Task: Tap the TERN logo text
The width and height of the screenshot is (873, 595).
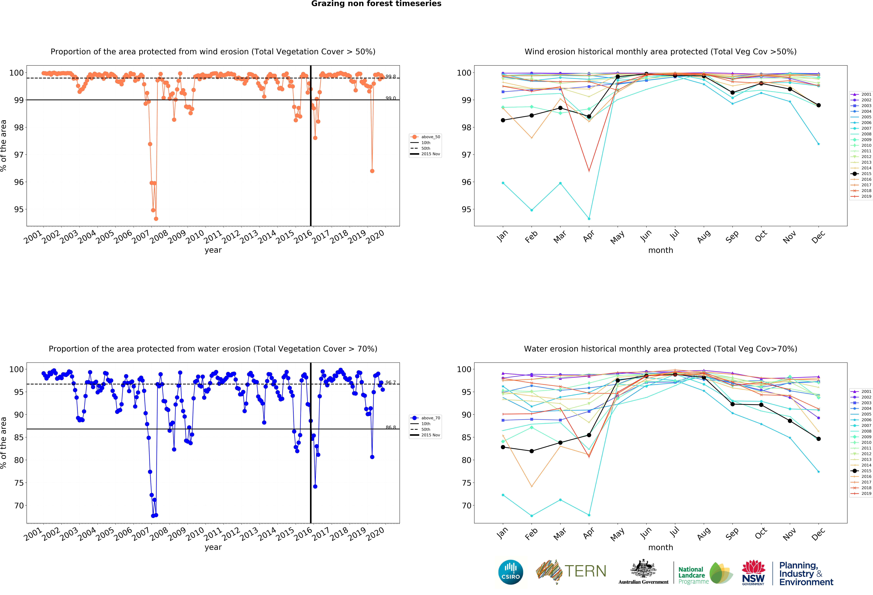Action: [585, 571]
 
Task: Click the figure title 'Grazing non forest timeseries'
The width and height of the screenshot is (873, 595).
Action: [376, 4]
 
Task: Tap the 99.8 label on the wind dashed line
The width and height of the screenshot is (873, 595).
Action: [391, 77]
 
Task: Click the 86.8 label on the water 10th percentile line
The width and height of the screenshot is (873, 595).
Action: [391, 428]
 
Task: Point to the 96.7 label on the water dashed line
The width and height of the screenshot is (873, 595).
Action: [391, 382]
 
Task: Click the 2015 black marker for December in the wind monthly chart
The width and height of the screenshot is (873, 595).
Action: [819, 105]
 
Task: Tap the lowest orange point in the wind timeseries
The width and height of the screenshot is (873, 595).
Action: [156, 219]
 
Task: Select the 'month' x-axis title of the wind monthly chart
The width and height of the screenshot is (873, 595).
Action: [660, 250]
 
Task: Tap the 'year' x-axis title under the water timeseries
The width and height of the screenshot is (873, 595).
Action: [213, 547]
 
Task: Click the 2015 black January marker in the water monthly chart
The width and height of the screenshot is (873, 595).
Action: [503, 447]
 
